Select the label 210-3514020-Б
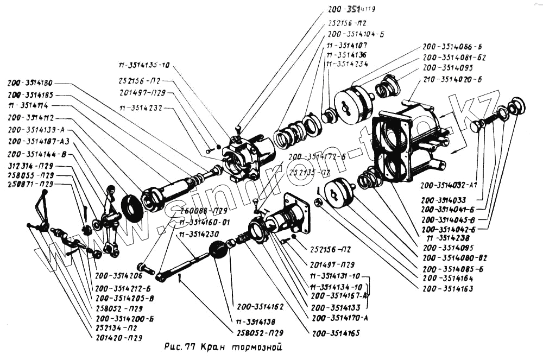452,79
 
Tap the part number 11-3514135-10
144,66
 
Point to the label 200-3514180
30,84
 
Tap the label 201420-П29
119,337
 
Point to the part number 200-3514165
336,332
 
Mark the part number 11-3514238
449,238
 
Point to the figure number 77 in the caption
191,346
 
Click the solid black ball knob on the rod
219,251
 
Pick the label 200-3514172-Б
317,156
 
